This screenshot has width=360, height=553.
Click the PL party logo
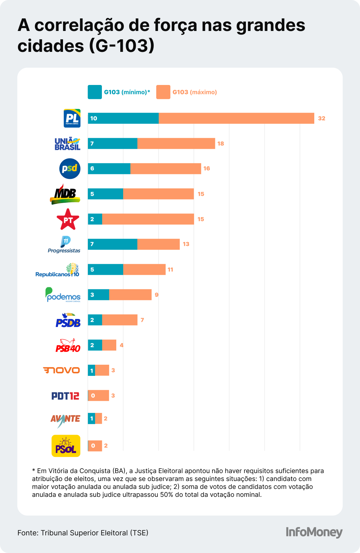(x=72, y=118)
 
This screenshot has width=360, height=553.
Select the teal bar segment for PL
(x=123, y=118)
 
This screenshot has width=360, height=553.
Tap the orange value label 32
(x=321, y=118)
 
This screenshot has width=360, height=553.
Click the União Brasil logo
(x=67, y=144)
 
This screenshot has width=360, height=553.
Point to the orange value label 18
(x=221, y=144)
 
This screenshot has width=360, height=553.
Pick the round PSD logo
(x=69, y=168)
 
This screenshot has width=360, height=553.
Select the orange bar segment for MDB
(x=158, y=194)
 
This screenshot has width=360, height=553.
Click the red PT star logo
(x=68, y=219)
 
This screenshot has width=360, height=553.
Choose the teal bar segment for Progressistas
(x=112, y=244)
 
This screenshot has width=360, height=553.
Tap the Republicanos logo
(x=58, y=270)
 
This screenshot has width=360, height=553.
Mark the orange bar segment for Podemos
(x=130, y=295)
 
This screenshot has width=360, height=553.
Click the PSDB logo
(x=68, y=320)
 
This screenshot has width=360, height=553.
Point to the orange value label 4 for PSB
(x=122, y=345)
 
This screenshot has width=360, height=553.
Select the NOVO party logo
(x=61, y=370)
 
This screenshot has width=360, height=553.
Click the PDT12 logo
(x=65, y=396)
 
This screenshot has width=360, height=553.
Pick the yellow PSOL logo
(x=66, y=446)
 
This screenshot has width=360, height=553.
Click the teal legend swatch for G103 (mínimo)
(x=95, y=92)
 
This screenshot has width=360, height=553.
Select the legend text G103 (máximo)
(x=194, y=92)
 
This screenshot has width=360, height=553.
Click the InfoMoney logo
(x=314, y=532)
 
